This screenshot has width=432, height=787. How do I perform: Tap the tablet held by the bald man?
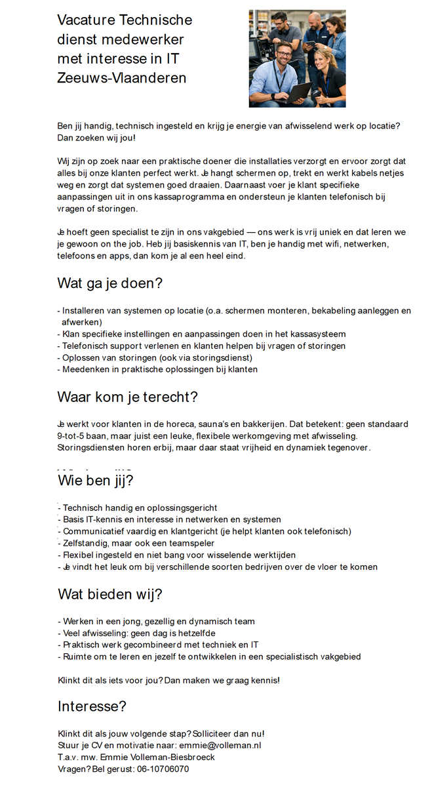tap(311, 43)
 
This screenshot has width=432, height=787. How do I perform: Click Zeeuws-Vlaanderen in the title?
tap(122, 77)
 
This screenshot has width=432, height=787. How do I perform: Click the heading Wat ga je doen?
tap(109, 283)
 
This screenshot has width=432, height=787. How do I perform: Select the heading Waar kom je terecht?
tap(127, 397)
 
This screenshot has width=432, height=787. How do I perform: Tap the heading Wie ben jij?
tap(96, 481)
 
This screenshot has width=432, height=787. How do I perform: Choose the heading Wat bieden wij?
tap(110, 594)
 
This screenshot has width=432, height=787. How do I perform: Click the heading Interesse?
tap(92, 706)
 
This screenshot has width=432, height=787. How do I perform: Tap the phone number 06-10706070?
tap(163, 769)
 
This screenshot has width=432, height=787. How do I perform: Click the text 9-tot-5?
tap(72, 435)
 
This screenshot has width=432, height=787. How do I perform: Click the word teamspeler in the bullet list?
tap(191, 543)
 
